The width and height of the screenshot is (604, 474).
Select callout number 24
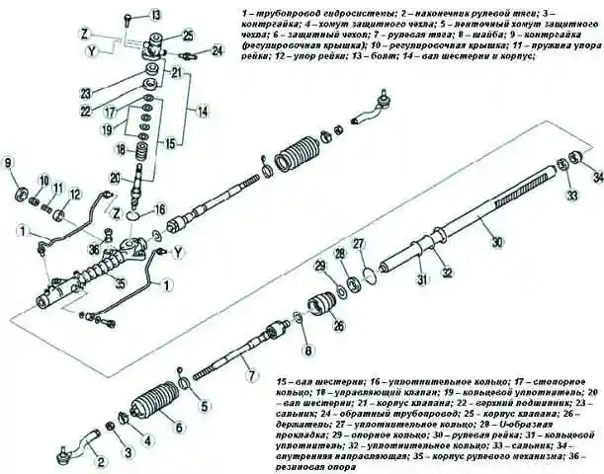(x=217, y=49)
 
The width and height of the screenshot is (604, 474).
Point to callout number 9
(x=9, y=163)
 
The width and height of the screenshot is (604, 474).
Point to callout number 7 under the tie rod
(x=251, y=375)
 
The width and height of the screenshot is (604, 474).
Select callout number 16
(x=161, y=210)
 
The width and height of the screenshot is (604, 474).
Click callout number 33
(x=570, y=197)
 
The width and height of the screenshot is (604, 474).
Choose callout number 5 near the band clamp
(x=205, y=404)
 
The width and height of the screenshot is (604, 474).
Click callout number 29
(x=319, y=265)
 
